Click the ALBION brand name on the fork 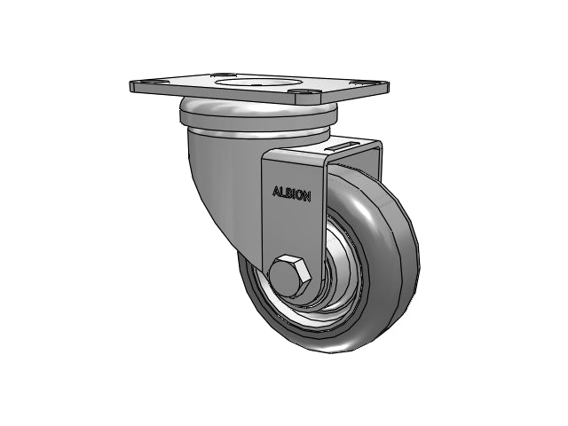point(292,193)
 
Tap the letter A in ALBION point(276,191)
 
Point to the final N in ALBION point(307,196)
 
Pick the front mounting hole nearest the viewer point(304,92)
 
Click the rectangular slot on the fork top point(340,146)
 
